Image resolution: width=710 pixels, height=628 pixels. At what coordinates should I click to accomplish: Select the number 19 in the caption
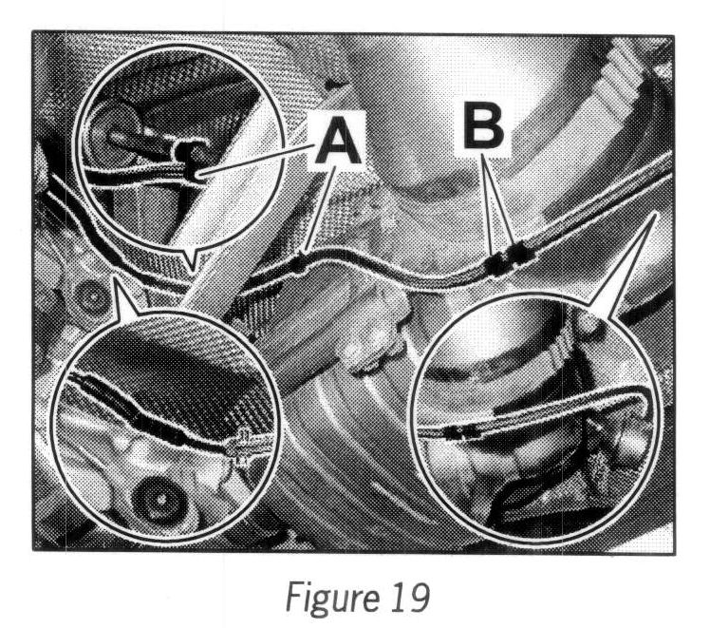403,596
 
